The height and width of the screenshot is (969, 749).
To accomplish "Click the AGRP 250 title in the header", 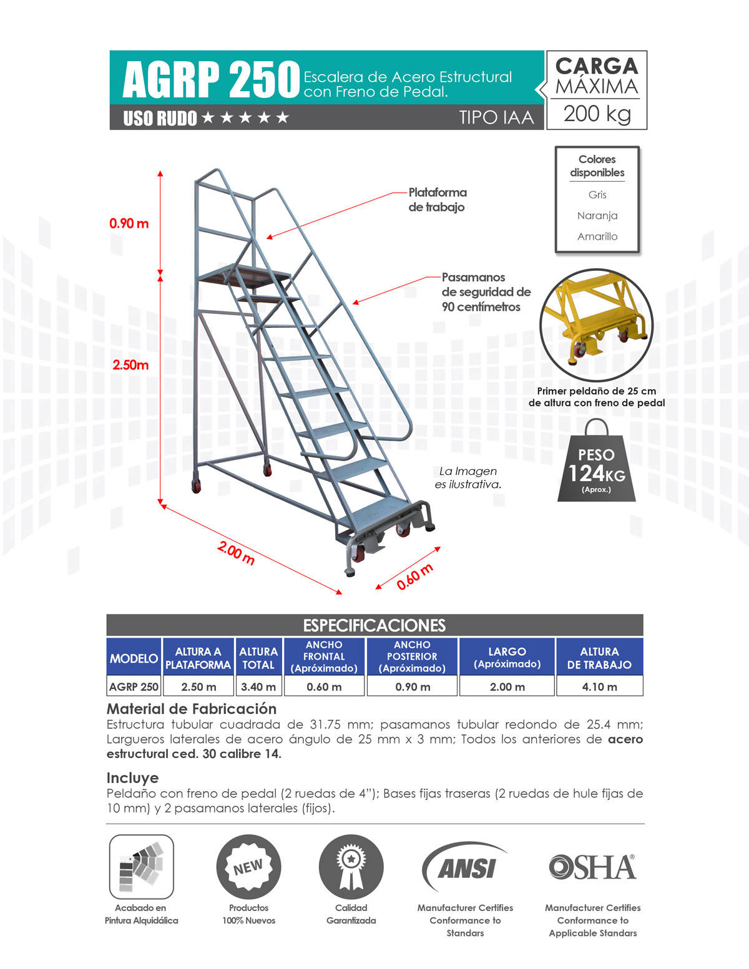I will [x=211, y=80].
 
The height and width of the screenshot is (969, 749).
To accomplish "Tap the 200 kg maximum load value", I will [x=597, y=114].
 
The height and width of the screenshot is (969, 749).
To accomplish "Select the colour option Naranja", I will [x=597, y=215].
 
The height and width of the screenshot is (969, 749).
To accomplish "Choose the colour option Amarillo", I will [x=597, y=236].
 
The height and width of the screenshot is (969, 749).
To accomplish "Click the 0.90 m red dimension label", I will [x=129, y=223].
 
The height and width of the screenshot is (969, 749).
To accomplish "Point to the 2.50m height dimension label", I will [x=130, y=365].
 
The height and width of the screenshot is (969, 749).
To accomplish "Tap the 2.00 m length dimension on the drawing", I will [x=236, y=553].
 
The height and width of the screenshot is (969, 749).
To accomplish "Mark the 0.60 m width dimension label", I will [x=414, y=577].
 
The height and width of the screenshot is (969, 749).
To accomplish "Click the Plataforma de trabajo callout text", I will [x=437, y=200].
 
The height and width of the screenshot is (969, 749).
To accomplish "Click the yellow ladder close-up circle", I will [x=596, y=324].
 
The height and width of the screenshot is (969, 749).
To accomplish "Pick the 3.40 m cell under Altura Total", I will [x=258, y=686].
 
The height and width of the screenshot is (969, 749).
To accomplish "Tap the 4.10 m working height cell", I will [x=599, y=686].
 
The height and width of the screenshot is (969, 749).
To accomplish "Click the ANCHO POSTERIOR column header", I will [x=412, y=656].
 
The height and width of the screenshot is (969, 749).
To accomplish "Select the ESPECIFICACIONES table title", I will [x=374, y=625].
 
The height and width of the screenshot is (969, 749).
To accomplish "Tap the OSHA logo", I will [x=592, y=867].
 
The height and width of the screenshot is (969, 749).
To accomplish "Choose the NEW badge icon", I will [x=248, y=867].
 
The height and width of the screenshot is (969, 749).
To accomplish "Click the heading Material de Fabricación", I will [x=192, y=709].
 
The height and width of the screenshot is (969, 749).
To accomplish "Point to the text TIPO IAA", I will [x=496, y=117].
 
